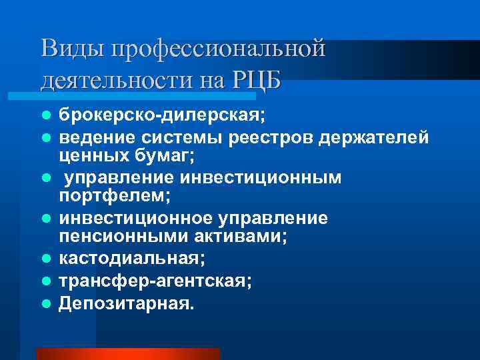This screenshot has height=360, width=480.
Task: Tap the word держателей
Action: [379, 137]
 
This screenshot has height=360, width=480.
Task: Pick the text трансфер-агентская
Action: [155, 282]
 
